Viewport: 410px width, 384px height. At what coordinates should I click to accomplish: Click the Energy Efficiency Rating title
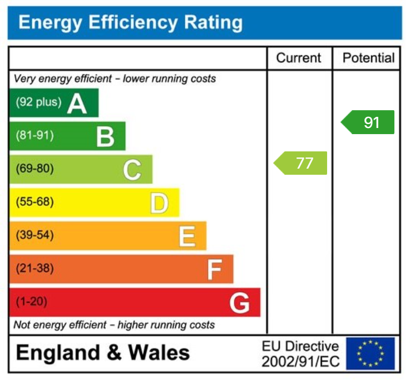[x=131, y=23]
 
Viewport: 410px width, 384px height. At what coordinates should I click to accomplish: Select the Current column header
[x=299, y=58]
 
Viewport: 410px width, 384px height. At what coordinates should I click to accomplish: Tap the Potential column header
[x=368, y=58]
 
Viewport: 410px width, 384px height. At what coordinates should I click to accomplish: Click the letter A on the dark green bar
[x=77, y=103]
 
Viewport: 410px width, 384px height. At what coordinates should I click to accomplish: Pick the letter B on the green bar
[x=105, y=136]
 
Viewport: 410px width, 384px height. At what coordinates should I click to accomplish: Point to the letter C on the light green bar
[x=132, y=170]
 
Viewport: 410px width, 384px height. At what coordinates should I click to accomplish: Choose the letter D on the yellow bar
[x=159, y=203]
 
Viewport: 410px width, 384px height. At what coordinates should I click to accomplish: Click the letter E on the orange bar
[x=187, y=237]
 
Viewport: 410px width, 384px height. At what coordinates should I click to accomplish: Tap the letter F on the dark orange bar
[x=214, y=270]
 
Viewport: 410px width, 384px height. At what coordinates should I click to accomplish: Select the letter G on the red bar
[x=240, y=303]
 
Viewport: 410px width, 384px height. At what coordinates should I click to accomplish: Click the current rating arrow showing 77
[x=301, y=163]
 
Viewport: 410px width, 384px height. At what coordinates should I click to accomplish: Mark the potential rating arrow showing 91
[x=368, y=122]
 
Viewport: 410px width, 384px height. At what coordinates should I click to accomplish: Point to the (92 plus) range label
[x=38, y=102]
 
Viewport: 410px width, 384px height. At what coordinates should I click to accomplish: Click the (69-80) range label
[x=34, y=169]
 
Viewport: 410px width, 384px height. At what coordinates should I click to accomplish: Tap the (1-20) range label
[x=32, y=302]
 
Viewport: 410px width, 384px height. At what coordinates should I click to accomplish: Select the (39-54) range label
[x=34, y=235]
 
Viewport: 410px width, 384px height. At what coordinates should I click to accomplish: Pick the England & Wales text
[x=103, y=353]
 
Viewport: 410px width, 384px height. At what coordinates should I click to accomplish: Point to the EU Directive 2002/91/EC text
[x=300, y=354]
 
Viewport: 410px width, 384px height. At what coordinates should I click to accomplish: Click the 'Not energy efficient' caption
[x=114, y=325]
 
